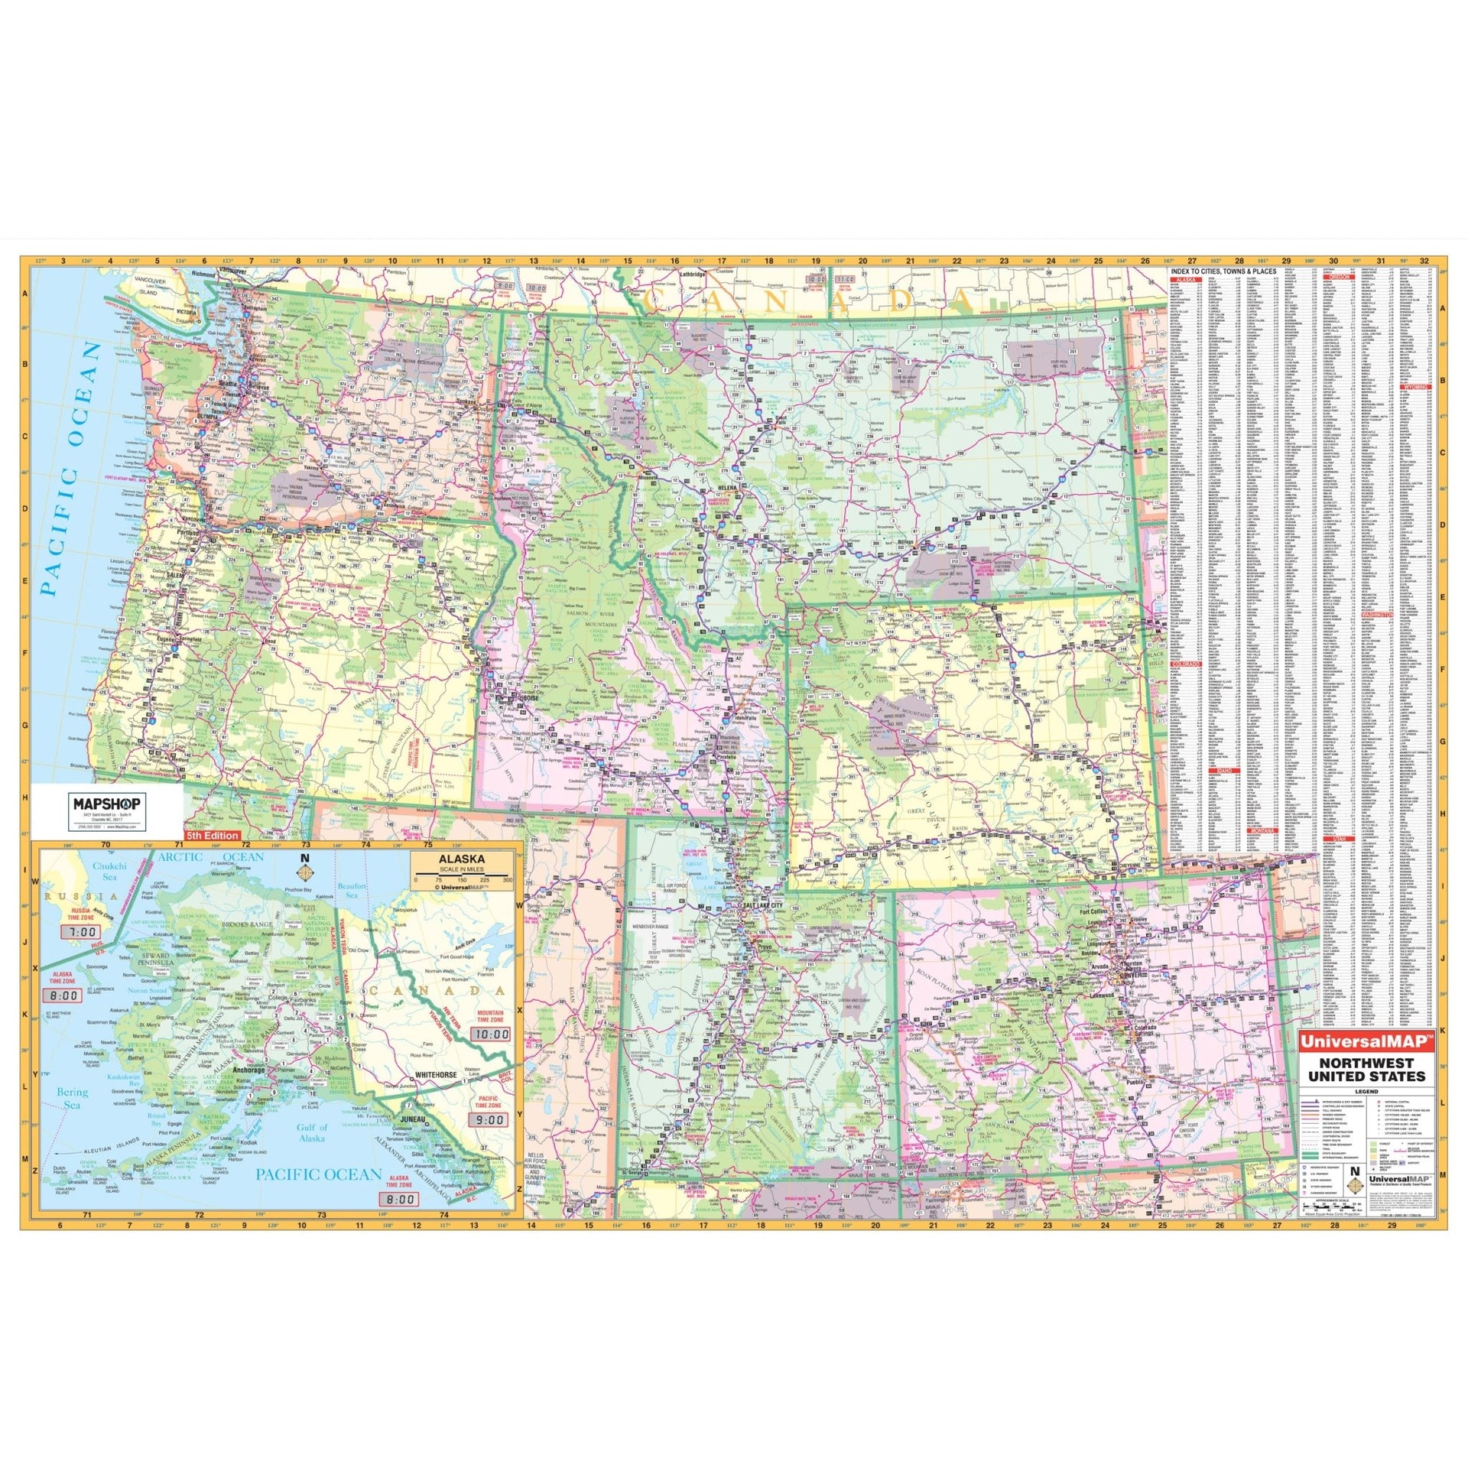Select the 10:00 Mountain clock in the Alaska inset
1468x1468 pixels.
490,1034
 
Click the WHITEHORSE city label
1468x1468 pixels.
435,1074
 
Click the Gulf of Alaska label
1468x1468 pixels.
312,1132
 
